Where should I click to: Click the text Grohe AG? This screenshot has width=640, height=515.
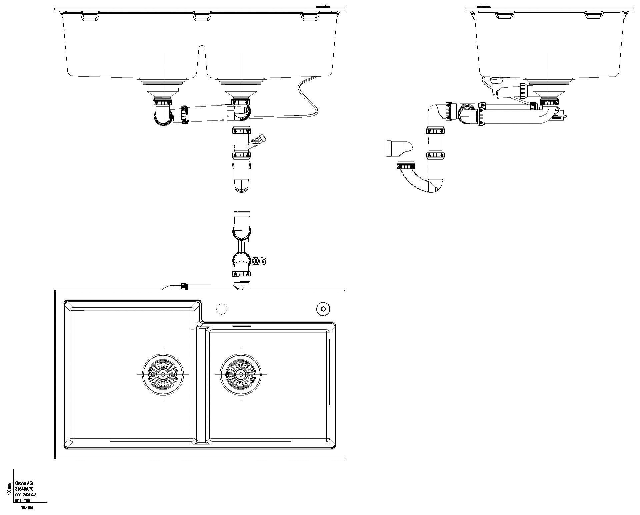(x=24, y=484)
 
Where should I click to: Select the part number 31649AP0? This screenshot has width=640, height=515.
(x=25, y=489)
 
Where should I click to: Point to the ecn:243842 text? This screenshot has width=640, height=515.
(x=25, y=495)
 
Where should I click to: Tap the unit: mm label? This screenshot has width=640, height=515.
(x=23, y=500)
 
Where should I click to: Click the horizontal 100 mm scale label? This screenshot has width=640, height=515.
(x=27, y=508)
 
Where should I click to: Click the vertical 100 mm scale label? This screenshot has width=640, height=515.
(x=9, y=488)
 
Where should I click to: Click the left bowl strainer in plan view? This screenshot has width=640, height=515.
(x=163, y=374)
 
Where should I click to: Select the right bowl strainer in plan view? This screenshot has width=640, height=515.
(x=241, y=374)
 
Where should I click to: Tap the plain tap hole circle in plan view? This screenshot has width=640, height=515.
(x=222, y=309)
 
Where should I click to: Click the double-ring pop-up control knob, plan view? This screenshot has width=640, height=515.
(x=323, y=309)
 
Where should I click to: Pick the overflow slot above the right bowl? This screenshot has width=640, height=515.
(x=241, y=326)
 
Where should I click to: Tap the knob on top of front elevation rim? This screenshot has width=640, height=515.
(x=323, y=6)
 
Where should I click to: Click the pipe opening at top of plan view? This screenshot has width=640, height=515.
(x=242, y=213)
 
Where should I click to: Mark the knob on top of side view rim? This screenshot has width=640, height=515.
(x=482, y=6)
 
